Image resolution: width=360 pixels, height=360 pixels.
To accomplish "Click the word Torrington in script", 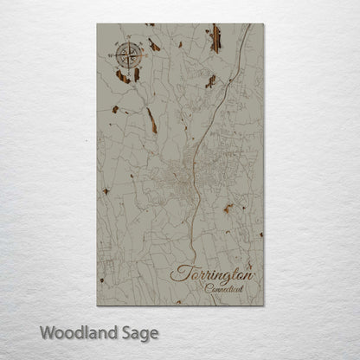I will point(214,273).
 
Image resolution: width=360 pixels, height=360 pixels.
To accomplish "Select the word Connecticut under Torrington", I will point(225,288).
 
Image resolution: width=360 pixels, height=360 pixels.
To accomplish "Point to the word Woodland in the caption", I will point(74,331).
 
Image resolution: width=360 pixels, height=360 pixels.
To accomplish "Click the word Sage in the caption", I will point(141,332).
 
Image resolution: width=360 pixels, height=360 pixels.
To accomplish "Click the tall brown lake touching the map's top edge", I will point(215,38).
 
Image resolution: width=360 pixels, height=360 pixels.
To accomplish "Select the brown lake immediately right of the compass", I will point(154,44).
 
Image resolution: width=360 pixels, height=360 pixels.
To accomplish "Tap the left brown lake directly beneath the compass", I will point(122,77).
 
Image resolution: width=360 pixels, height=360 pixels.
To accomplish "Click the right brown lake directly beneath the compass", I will point(138,74).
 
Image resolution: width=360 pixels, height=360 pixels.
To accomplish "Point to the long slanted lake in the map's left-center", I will point(152,120).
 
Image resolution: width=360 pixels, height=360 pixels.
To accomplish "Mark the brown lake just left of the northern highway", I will point(210,81).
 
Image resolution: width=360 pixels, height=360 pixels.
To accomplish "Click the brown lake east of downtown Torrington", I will point(228,208).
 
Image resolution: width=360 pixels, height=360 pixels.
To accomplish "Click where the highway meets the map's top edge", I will point(250,25).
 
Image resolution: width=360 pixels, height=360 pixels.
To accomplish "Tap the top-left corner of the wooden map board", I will point(97,24).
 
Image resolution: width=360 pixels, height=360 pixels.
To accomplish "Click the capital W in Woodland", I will point(48,331).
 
